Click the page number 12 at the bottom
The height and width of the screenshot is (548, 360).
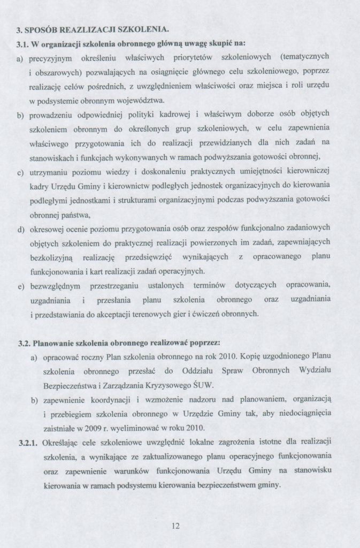pyautogui.click(x=175, y=526)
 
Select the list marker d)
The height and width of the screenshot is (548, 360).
pyautogui.click(x=21, y=230)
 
